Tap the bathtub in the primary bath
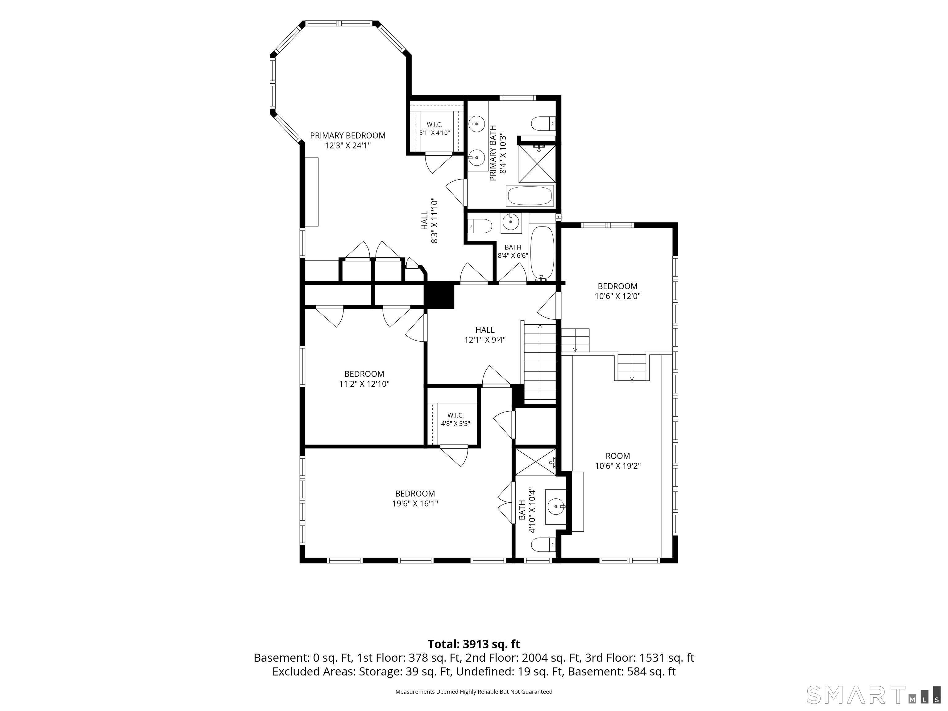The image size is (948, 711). (530, 196)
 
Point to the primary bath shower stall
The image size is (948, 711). (537, 164)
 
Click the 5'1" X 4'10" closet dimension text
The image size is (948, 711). (434, 133)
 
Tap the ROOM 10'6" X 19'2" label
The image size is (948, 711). (617, 461)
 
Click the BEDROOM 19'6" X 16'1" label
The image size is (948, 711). (415, 498)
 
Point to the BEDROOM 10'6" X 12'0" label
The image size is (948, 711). (617, 291)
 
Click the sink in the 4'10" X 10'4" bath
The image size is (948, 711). (555, 507)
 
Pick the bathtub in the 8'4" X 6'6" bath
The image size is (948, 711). (542, 254)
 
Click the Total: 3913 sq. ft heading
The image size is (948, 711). (474, 644)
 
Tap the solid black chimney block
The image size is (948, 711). (439, 295)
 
